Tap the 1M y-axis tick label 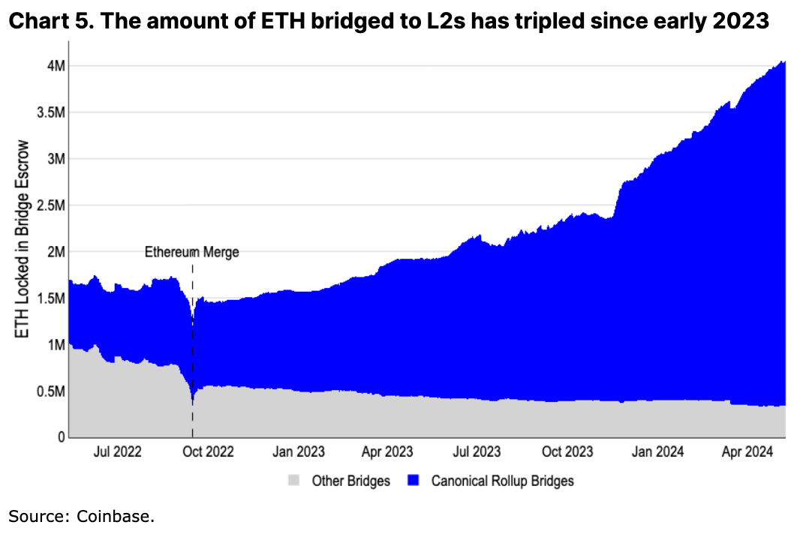[56, 345]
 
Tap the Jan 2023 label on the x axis [299, 451]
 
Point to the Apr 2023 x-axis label [387, 451]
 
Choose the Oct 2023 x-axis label [567, 451]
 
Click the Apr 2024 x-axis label [747, 451]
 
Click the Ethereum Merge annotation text [192, 252]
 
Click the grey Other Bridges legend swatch [295, 480]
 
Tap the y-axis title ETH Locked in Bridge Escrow [23, 238]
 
